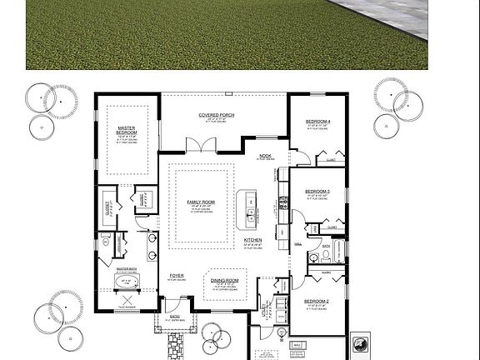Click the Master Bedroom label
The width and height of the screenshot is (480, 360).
(126, 131)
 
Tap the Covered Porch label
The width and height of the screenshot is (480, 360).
(215, 114)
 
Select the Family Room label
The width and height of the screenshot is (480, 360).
(201, 202)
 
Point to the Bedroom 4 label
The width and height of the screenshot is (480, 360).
(318, 122)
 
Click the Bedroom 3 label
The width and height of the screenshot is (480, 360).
(317, 192)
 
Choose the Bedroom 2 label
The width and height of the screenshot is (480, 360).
(317, 301)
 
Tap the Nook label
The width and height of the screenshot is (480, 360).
(266, 156)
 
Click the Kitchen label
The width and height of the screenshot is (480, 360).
(253, 240)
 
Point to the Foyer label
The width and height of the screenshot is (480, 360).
(177, 275)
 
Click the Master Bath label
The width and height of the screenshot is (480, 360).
(126, 268)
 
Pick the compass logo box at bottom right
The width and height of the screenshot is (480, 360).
(361, 342)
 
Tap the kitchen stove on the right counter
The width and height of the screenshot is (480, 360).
(284, 201)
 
